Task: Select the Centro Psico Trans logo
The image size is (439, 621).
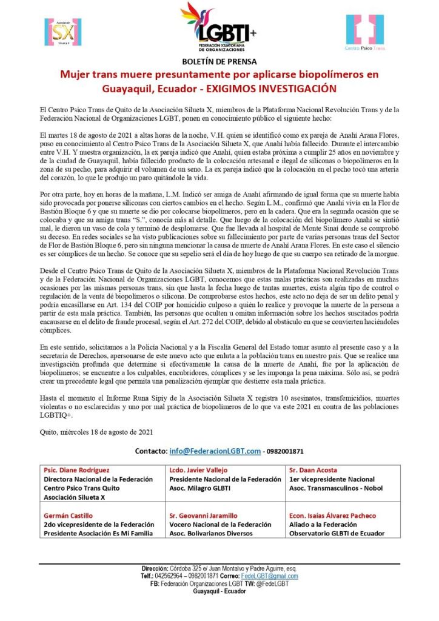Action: tap(364, 32)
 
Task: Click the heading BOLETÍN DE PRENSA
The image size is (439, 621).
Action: tap(219, 61)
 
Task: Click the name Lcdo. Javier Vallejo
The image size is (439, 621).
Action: tap(201, 470)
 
